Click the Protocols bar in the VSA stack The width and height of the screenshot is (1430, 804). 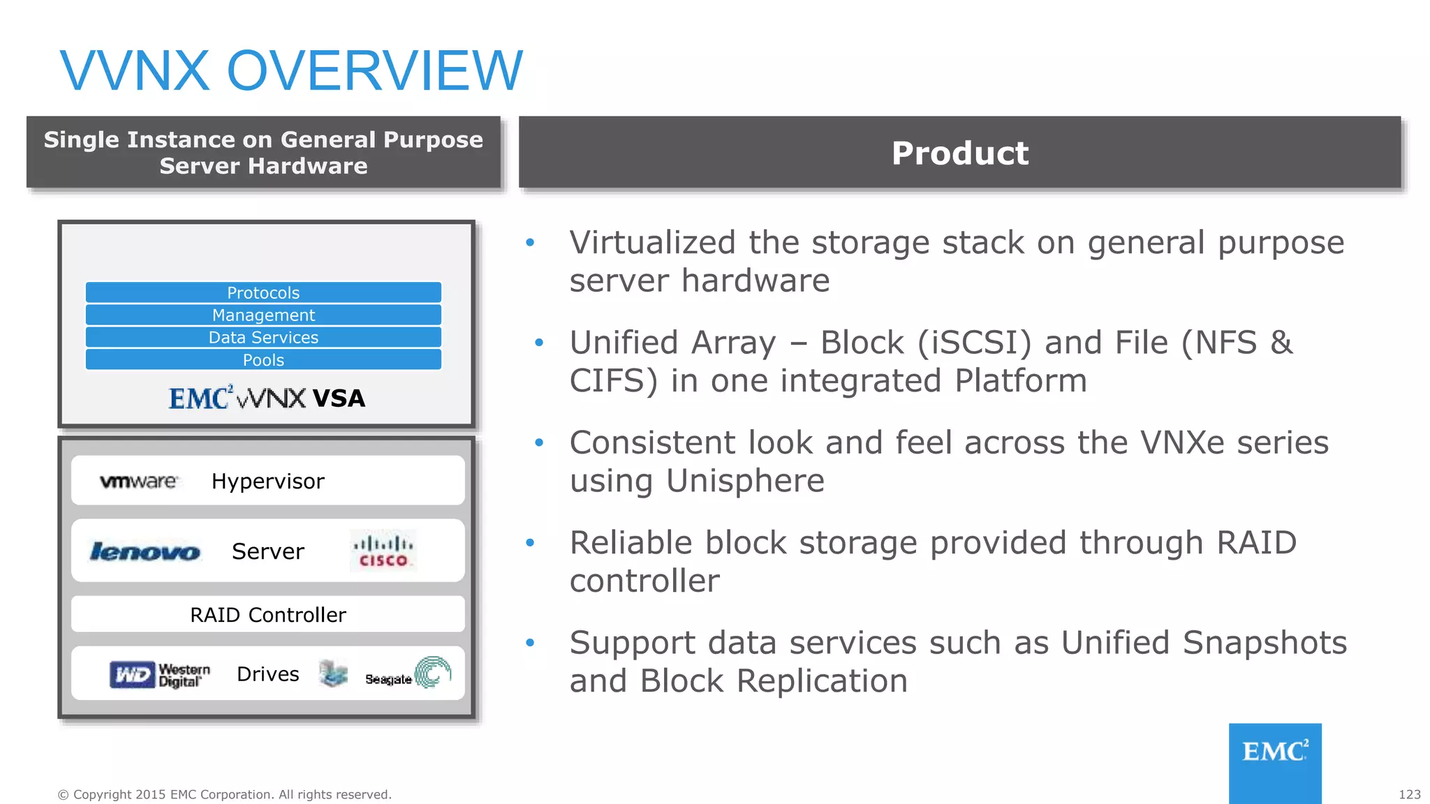pos(263,292)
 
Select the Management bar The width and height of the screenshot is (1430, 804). pos(263,315)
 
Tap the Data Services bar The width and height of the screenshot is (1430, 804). pos(263,338)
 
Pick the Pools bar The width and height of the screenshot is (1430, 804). pos(263,360)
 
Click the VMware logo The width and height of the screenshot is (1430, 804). pos(138,482)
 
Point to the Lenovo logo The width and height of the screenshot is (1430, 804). pos(145,551)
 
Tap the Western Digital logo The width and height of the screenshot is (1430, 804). pos(160,675)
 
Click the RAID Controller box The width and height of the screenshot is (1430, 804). pos(268,614)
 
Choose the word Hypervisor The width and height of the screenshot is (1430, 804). pos(268,482)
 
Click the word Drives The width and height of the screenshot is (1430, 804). pos(268,674)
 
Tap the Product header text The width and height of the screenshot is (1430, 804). pos(960,154)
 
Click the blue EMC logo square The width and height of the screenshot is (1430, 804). pos(1275,762)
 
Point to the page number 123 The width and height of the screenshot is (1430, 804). pos(1409,794)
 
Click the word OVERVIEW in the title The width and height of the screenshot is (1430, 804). pos(374,70)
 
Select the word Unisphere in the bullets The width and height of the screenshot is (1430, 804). pos(745,481)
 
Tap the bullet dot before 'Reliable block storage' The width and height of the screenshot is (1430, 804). pos(530,542)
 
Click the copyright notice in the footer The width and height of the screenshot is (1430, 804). pos(224,794)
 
